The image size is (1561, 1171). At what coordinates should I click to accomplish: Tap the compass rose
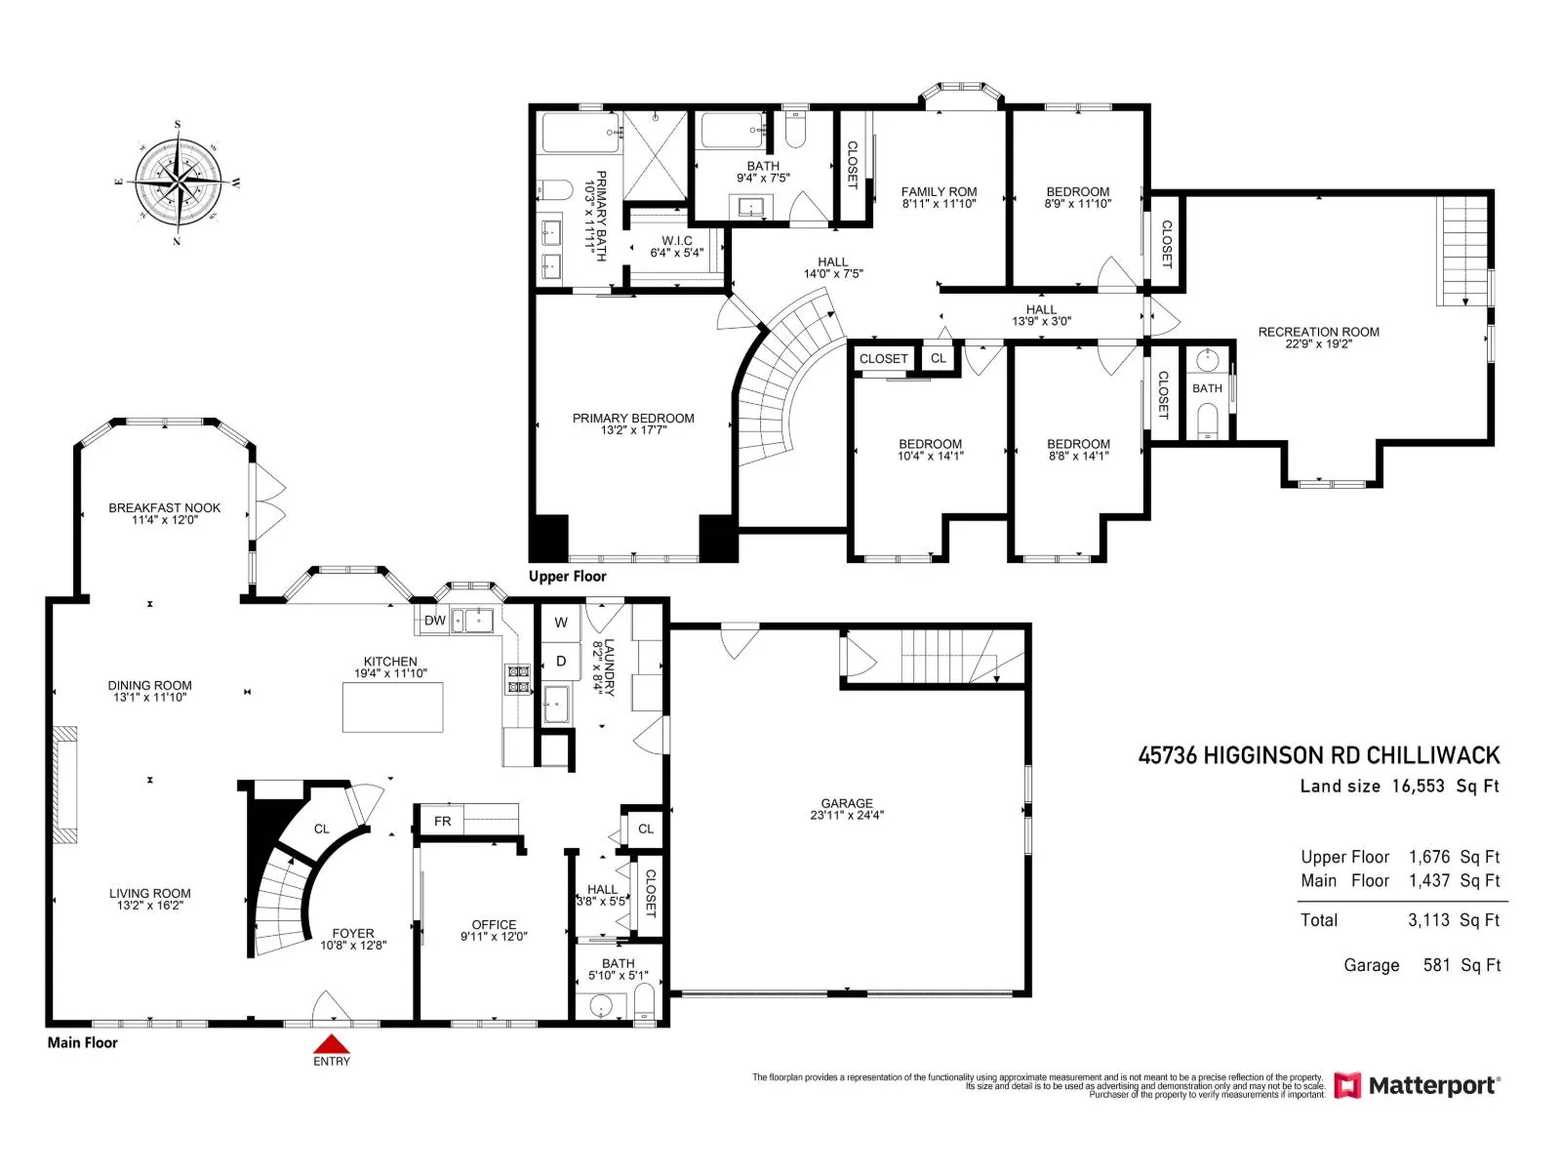coord(178,182)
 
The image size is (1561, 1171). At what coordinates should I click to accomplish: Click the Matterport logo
coord(1416,1086)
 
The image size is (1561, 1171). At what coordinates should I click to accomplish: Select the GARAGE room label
coord(846,803)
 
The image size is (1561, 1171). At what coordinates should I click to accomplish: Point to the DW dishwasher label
coord(434,621)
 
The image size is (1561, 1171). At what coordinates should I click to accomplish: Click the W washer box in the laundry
coord(560,623)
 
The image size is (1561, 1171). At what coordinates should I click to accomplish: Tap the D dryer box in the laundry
coord(560,662)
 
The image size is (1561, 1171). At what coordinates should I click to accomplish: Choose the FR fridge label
coord(442,822)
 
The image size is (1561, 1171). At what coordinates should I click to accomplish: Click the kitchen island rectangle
coord(392,707)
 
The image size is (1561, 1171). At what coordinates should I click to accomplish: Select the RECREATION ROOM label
coord(1318,332)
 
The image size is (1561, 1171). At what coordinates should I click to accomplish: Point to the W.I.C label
coord(676,241)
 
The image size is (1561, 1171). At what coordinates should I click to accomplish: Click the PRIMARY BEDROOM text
coord(633,419)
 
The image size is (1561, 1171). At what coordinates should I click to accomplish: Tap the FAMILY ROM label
coord(939,192)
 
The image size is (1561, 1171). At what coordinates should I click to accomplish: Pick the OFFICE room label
coord(494,925)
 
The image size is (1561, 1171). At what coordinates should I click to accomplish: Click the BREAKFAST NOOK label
coord(164,508)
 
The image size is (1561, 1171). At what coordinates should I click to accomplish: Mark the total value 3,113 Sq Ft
coord(1454,920)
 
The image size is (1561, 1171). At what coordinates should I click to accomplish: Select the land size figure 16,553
coord(1418,787)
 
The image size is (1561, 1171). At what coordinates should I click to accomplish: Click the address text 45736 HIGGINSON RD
coord(1250,755)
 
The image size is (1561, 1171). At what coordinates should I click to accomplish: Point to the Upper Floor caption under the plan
coord(567,577)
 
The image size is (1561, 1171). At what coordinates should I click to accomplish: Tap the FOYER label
coord(353,934)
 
